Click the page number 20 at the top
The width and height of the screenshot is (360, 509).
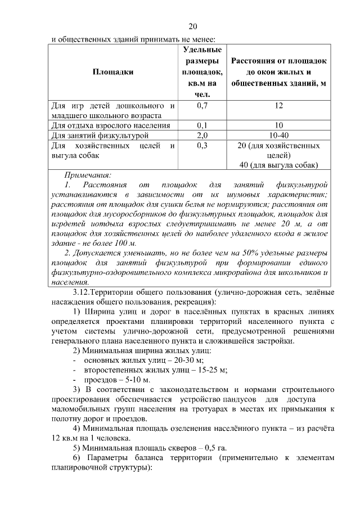coord(193,26)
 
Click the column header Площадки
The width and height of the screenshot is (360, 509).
coord(113,71)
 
